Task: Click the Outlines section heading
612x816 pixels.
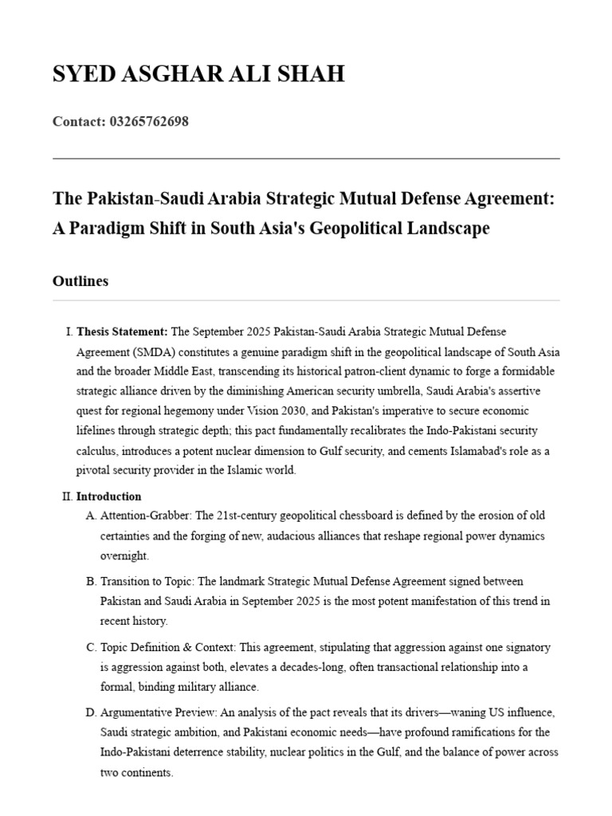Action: [80, 280]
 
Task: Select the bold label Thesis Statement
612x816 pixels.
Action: [122, 331]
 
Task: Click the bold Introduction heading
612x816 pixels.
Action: [108, 496]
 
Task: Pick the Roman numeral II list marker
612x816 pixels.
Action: [66, 496]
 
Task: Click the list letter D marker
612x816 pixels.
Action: [91, 712]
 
